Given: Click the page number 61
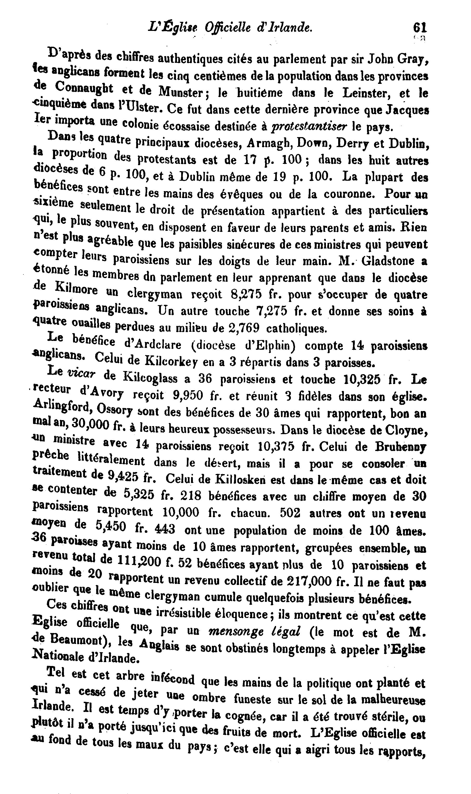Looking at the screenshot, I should click(420, 28).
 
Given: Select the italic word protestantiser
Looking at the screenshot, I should click(309, 126).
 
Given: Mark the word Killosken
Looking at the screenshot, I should click(240, 479).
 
